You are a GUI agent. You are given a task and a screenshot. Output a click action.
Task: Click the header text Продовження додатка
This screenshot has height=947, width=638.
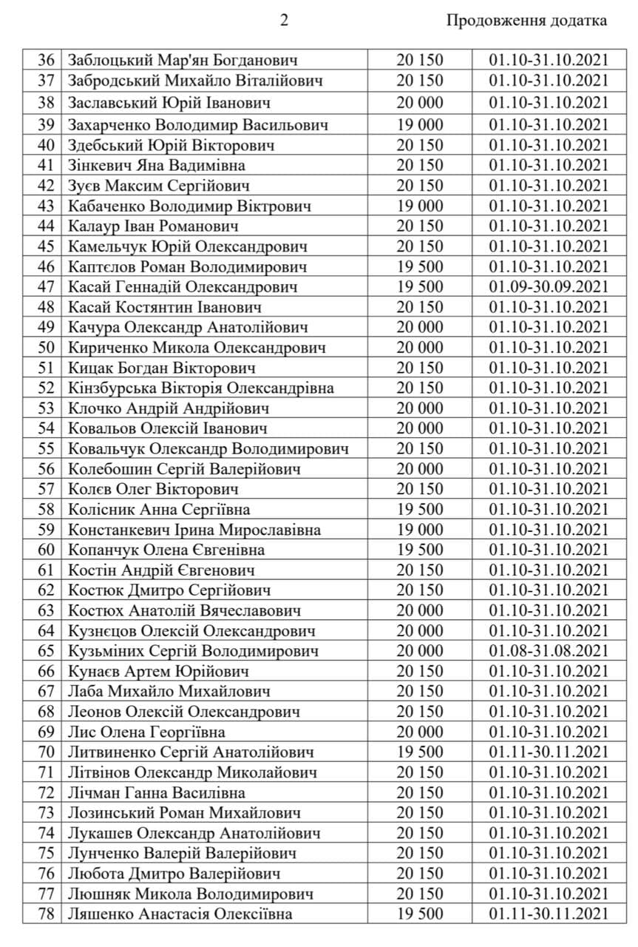coord(526,21)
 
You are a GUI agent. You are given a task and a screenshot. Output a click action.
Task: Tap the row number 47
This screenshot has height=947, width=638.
coord(46,286)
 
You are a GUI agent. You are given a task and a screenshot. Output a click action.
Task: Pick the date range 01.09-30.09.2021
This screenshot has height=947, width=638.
coord(549,286)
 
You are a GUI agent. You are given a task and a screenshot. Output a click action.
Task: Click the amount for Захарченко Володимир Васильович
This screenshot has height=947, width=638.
coord(419,124)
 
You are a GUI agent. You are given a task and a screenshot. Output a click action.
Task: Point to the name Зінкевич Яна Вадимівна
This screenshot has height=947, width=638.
coord(156,165)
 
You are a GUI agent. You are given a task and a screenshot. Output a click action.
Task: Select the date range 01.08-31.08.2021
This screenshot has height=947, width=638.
coord(549,651)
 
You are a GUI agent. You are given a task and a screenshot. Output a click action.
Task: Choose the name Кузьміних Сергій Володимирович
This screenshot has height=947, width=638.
coord(193,651)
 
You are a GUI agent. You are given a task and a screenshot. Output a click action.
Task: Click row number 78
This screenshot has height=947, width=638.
coord(46,914)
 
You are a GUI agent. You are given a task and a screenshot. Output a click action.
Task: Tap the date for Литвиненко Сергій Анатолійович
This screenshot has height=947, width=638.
coord(549,752)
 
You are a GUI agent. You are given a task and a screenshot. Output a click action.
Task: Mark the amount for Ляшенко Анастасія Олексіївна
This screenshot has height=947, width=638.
coord(419,914)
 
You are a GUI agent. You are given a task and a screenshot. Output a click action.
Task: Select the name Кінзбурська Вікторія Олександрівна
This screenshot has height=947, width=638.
coord(200,388)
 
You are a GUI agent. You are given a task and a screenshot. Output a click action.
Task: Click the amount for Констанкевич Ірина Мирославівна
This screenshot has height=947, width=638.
coord(419,530)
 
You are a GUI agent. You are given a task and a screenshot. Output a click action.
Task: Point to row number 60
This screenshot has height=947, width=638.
coord(46,550)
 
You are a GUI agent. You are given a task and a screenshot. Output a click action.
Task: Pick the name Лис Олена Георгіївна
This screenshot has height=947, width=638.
coord(146,732)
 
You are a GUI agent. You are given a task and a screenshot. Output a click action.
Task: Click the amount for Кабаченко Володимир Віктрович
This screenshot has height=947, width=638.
coord(419,206)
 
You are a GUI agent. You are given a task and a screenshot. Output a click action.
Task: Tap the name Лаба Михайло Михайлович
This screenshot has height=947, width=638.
coord(169,691)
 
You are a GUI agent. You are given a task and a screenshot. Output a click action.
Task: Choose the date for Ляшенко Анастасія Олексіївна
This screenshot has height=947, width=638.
coord(549,914)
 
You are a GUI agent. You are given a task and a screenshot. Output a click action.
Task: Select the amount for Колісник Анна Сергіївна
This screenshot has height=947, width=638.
coord(419,509)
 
